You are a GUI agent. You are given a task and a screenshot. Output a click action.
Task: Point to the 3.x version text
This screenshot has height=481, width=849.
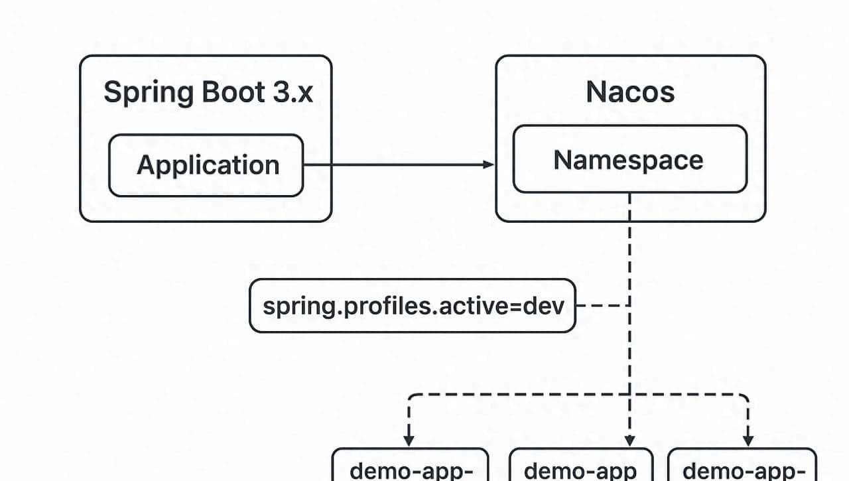tap(290, 92)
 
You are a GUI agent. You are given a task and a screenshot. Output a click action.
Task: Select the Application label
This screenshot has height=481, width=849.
tap(208, 165)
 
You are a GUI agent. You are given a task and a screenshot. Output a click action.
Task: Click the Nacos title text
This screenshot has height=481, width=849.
tap(630, 92)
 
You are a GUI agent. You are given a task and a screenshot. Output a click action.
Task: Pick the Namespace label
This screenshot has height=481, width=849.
tap(629, 160)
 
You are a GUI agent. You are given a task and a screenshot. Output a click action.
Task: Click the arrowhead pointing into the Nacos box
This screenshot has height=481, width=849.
tap(490, 165)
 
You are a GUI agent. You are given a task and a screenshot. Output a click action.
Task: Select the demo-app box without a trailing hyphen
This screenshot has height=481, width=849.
tap(581, 468)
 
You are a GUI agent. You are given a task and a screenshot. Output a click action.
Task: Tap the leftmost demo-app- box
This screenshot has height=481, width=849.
tap(410, 468)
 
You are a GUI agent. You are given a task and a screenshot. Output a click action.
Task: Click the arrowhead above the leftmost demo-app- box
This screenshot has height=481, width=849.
tap(409, 440)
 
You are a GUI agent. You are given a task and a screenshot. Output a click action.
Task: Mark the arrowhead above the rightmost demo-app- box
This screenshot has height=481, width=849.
tap(748, 440)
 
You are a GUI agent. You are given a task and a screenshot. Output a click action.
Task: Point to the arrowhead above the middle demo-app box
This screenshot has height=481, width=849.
tap(629, 440)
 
